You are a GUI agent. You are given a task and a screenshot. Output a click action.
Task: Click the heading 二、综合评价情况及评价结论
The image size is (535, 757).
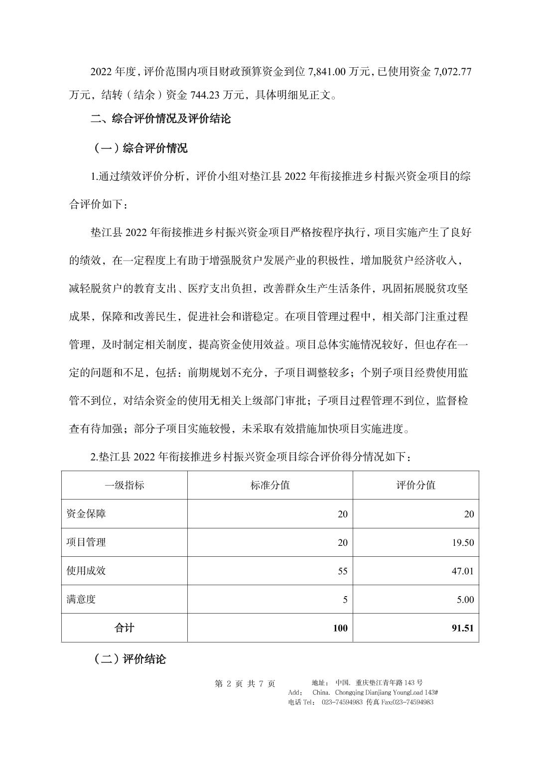[x=161, y=119]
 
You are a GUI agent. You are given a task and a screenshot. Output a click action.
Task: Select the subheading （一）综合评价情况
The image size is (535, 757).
[x=140, y=148]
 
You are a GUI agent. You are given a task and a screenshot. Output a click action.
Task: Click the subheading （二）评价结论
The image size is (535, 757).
[x=130, y=659]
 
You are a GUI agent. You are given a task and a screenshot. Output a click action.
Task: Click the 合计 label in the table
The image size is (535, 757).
[x=125, y=628]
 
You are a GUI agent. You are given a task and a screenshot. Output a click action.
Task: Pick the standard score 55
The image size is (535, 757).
[x=343, y=571]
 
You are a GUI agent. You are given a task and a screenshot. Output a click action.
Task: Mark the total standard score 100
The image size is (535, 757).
[x=340, y=628]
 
